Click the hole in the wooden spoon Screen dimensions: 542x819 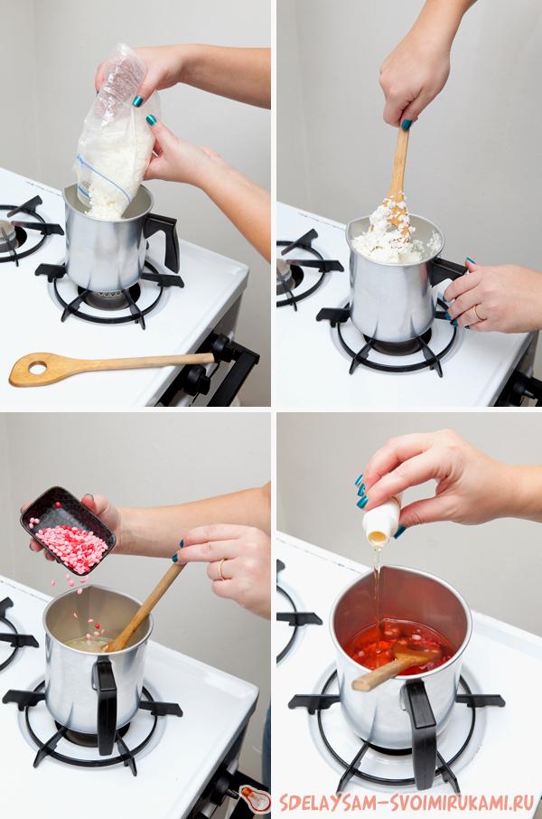tap(37, 369)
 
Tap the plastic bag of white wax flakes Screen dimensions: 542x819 tap(116, 133)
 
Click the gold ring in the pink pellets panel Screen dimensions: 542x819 tap(221, 569)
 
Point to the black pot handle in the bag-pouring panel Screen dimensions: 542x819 tap(164, 238)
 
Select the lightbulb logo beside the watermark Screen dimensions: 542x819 tap(256, 798)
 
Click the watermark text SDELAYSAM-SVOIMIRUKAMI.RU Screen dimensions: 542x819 tap(406, 802)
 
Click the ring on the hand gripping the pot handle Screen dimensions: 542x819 tap(477, 313)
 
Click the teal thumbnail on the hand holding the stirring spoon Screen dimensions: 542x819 tap(406, 125)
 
